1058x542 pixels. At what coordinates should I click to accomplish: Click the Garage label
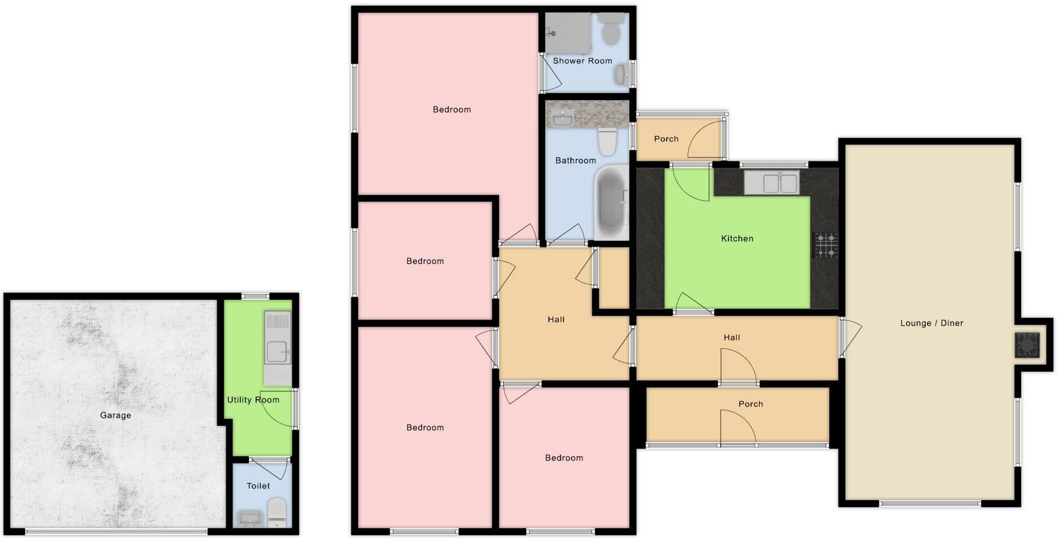pos(115,416)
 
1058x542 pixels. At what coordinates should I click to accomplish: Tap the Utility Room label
pos(253,400)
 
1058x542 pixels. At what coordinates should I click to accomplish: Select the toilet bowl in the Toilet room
pos(276,511)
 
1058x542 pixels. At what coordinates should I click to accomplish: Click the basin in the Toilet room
pos(249,518)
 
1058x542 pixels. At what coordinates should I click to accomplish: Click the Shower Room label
pos(582,61)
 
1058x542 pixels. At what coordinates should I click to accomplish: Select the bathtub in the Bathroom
pos(610,202)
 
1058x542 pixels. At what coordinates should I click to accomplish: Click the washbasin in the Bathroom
pos(562,119)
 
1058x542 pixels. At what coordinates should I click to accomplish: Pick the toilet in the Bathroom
pos(607,141)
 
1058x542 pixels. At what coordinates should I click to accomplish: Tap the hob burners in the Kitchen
pos(825,245)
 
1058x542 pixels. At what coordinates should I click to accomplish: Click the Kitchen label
pos(737,239)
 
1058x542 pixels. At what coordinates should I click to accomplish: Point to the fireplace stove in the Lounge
pos(1027,345)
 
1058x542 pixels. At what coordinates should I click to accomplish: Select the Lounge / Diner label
pos(931,324)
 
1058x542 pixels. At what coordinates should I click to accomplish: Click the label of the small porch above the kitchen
pos(666,139)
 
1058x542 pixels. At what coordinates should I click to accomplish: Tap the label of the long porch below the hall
pos(750,404)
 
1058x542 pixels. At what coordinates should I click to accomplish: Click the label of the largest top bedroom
pos(451,110)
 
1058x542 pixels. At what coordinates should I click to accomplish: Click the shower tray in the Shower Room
pos(567,33)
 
